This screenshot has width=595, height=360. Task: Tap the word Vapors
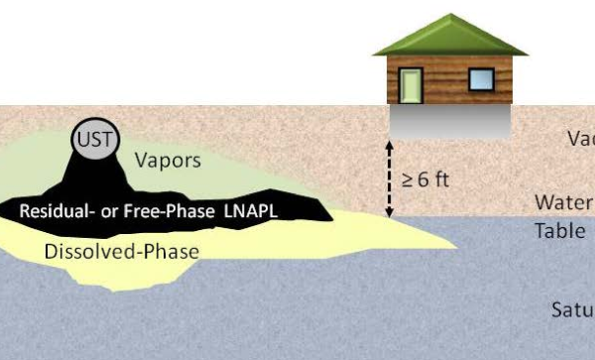168,160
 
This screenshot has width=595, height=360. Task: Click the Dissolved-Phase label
121,251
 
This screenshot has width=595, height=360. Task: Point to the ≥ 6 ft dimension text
425,180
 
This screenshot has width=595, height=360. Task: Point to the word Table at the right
560,231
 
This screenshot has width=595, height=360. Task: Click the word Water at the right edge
564,203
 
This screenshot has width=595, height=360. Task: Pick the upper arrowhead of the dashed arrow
389,146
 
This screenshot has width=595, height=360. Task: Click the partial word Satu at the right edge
572,309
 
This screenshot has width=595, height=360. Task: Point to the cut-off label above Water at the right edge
580,139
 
